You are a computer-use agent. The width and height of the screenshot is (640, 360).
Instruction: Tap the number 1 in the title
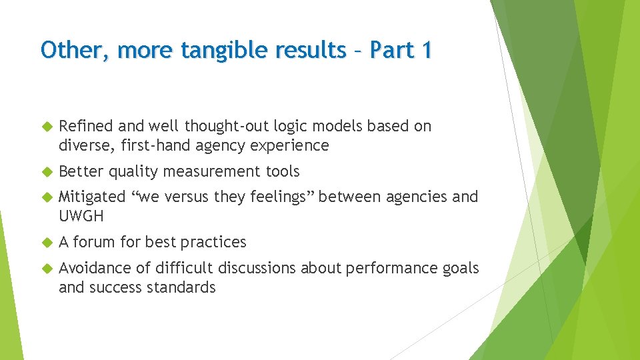[424, 49]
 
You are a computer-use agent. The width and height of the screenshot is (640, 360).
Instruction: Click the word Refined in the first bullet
[86, 126]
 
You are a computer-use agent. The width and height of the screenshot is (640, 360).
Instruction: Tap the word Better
[81, 171]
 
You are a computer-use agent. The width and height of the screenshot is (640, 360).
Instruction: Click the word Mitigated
[92, 197]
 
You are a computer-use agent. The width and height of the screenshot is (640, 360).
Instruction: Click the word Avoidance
[95, 268]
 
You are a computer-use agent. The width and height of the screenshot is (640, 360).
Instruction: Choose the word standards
[184, 287]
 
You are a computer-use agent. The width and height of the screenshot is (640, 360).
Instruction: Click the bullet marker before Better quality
[47, 172]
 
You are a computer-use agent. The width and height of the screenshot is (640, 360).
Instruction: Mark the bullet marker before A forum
[47, 243]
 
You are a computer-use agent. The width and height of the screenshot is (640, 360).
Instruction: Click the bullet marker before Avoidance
[47, 269]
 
